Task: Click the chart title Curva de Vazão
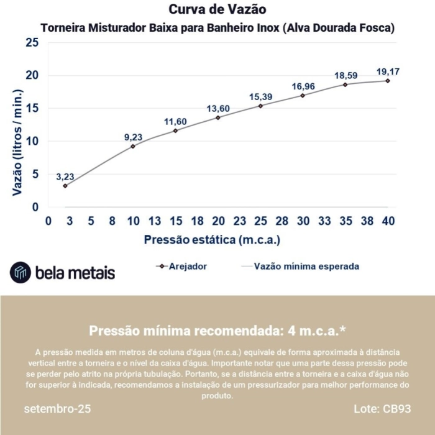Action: point(217,10)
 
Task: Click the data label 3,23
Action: point(65,176)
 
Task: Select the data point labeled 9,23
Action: point(133,146)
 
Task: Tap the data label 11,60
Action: point(175,121)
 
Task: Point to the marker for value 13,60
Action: point(218,117)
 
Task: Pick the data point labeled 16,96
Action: point(303,95)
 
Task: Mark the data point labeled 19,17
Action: point(388,81)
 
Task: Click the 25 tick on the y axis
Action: point(32,43)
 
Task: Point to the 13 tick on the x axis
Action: point(155,221)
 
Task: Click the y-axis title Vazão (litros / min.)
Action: point(17,142)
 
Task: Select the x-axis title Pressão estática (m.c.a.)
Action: point(212,239)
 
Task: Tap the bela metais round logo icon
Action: point(20,272)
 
